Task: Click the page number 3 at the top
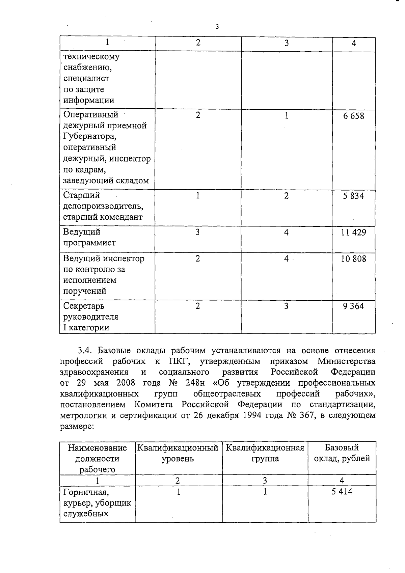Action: point(217,27)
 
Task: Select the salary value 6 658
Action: point(353,116)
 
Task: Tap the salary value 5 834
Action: point(353,196)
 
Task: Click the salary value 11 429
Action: point(353,233)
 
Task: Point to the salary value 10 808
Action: point(353,259)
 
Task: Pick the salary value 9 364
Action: point(353,306)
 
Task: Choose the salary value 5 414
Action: point(342,492)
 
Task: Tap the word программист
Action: point(89,243)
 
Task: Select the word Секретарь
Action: point(84,306)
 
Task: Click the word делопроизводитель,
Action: point(103,206)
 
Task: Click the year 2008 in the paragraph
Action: point(126,383)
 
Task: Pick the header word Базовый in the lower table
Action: point(342,448)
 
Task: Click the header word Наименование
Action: point(97,448)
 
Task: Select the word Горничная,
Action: point(86,492)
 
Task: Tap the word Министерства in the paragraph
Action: point(346,361)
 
